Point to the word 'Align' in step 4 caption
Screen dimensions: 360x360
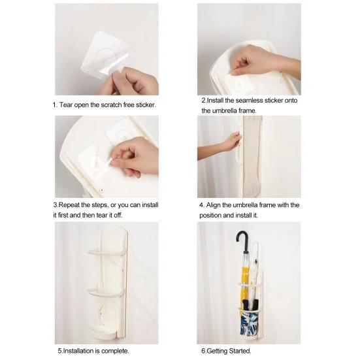click(214, 205)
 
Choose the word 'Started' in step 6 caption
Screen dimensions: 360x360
click(240, 351)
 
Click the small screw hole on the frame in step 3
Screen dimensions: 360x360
click(102, 190)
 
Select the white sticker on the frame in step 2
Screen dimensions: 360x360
click(238, 83)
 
